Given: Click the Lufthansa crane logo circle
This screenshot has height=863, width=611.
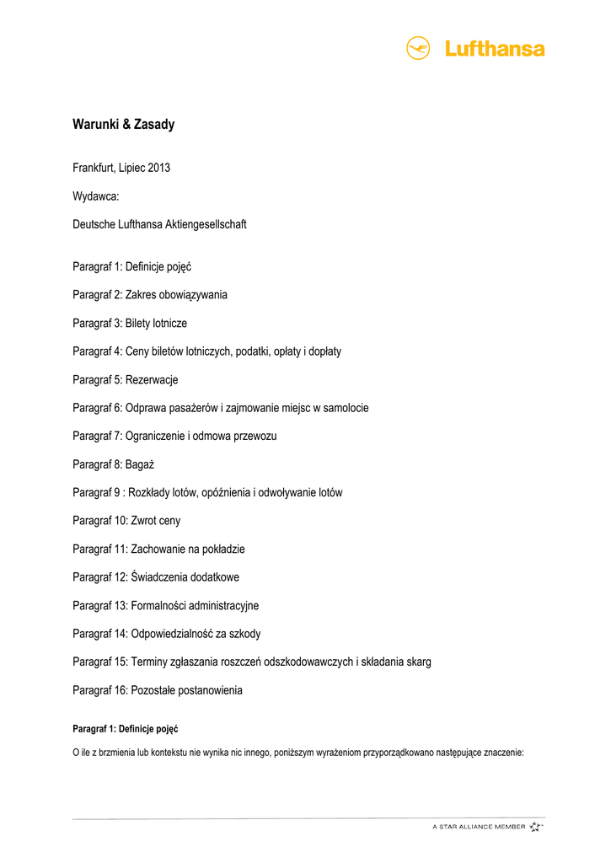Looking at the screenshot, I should point(419,48).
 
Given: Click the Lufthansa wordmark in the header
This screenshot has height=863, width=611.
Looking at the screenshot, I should point(495,49).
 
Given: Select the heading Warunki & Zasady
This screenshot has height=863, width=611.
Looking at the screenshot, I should point(123,125).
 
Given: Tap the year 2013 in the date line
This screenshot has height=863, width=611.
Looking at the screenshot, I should point(159,168).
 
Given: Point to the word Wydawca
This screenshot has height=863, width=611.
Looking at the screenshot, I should point(95,196).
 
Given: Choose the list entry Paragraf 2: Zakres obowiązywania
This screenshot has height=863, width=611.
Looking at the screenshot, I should point(149,295).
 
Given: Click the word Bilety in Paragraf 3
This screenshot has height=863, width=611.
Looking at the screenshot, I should point(140,323).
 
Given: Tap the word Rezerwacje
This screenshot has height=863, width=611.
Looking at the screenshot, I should point(152,379).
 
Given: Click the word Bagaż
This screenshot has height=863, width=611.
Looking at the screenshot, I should point(139,464).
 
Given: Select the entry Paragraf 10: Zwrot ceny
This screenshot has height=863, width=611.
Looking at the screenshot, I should point(126,521).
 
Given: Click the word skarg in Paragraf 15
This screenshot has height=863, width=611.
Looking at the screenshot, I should point(417,662).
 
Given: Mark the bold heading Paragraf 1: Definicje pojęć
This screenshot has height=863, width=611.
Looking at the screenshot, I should point(125,728).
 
